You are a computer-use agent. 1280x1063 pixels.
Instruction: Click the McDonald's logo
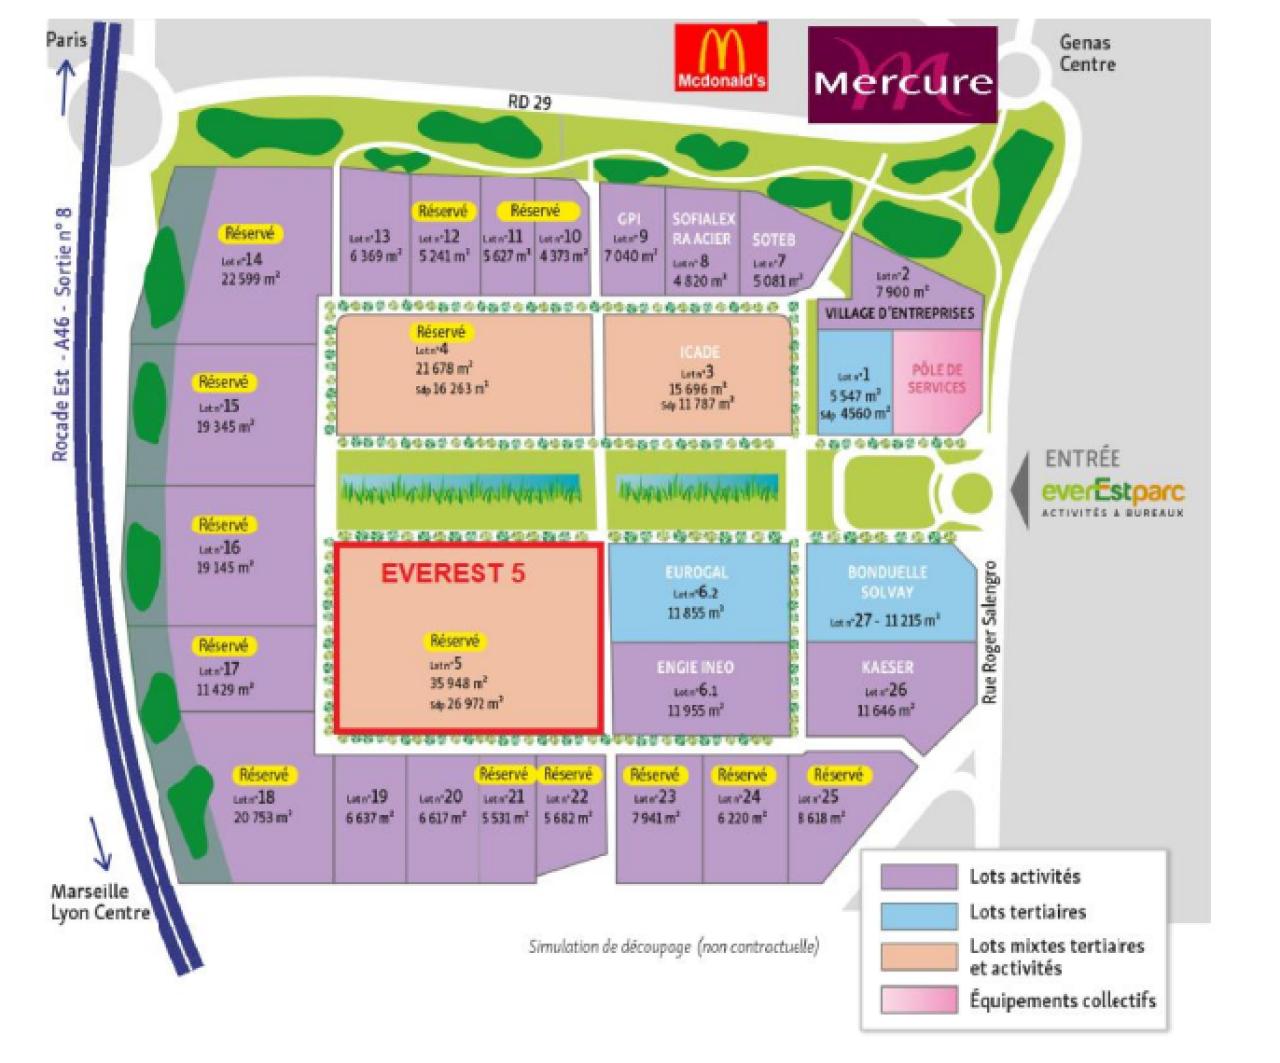coord(721,58)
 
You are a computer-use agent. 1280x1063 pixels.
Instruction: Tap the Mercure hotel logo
coord(902,74)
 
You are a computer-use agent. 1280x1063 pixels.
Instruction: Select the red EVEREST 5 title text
coord(452,573)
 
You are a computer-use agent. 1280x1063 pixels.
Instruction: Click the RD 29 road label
coord(529,102)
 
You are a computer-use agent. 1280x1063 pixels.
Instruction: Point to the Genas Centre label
coord(1087,53)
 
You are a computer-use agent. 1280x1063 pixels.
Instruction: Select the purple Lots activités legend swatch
coord(918,877)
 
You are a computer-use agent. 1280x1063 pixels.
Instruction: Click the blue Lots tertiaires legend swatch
coord(918,913)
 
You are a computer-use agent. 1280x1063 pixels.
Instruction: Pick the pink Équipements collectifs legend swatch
coord(918,999)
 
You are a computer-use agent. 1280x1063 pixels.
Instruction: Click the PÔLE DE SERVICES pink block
coord(937,379)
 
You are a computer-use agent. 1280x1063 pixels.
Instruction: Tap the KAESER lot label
coord(887,667)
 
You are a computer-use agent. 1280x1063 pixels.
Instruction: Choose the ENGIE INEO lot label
coord(695,667)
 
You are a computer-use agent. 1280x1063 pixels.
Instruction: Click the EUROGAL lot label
coord(696,573)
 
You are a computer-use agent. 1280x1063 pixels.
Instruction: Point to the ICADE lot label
coord(697,352)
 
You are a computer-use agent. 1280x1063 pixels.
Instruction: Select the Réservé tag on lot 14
coord(249,233)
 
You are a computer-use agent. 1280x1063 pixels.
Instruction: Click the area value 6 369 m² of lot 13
coord(376,256)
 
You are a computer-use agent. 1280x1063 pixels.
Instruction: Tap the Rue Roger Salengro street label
coord(990,632)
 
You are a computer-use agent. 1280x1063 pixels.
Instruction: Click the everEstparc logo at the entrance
coord(1112,493)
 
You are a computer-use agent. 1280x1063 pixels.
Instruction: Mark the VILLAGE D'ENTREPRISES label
coord(899,313)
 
